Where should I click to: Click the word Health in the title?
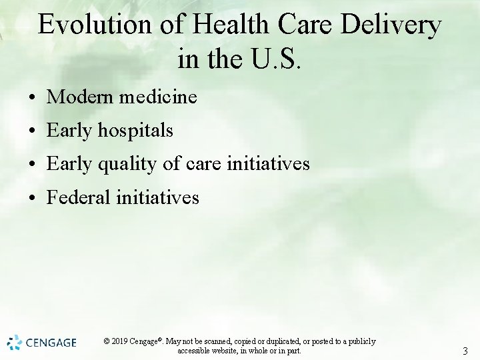[x=231, y=25]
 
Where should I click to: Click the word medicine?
[x=158, y=97]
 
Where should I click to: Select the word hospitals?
[x=135, y=131]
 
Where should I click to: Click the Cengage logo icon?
[x=15, y=343]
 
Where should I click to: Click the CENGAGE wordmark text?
[x=51, y=343]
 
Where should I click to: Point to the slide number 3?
[x=465, y=351]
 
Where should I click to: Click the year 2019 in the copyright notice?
[x=120, y=341]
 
